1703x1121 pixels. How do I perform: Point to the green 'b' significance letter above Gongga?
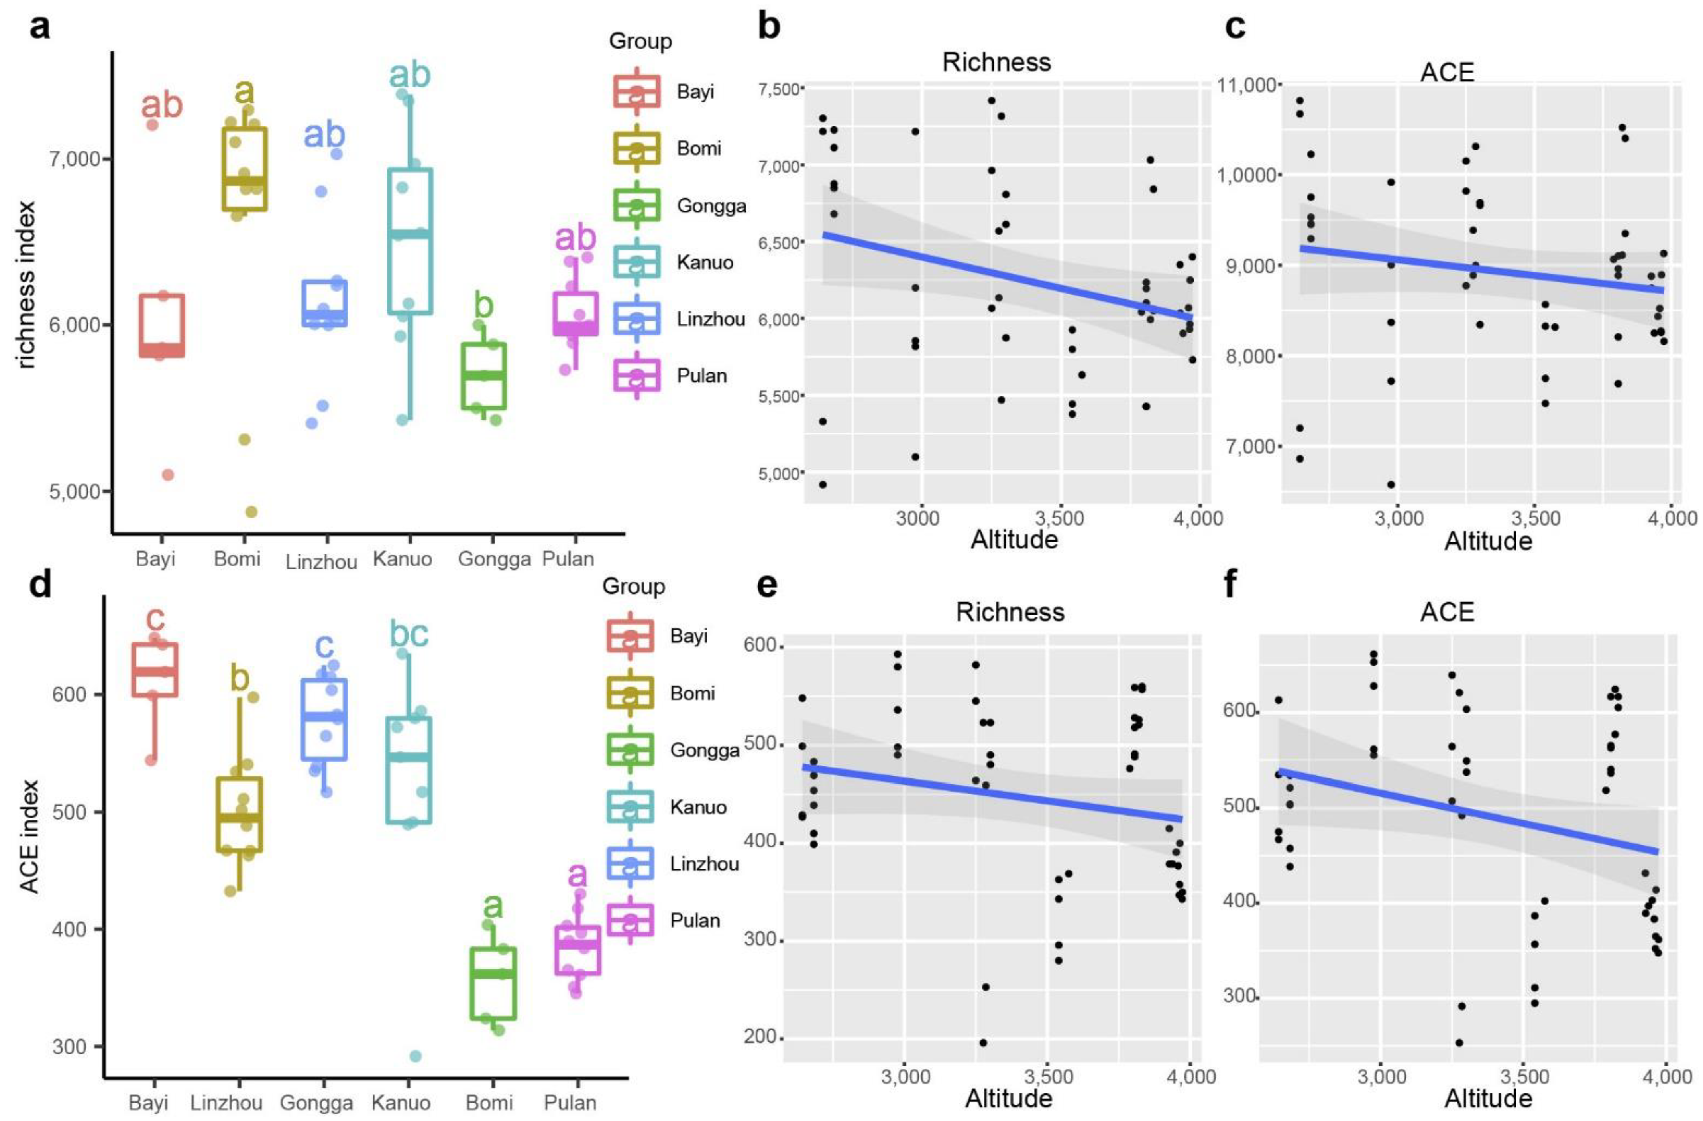[484, 305]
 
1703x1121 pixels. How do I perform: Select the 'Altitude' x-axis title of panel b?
[1014, 540]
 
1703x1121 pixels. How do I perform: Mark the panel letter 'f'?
[1230, 584]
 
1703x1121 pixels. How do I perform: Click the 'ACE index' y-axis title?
[29, 847]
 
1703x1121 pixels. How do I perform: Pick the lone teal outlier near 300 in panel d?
[415, 1056]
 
